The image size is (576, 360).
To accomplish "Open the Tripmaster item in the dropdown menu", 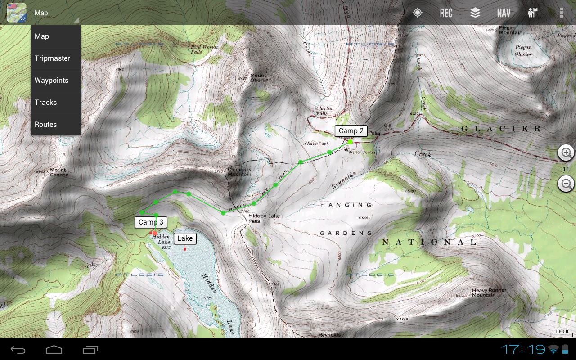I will [53, 58].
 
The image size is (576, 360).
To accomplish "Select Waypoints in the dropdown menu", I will [52, 81].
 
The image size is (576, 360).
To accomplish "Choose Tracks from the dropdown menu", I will [46, 103].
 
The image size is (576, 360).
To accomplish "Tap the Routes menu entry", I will [46, 125].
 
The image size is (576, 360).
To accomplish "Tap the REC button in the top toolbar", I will [446, 13].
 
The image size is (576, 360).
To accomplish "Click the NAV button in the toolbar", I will [504, 13].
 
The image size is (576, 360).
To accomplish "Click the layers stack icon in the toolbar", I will [475, 13].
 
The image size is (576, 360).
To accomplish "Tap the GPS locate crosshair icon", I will [418, 13].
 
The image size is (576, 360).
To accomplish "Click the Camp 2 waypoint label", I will [351, 131].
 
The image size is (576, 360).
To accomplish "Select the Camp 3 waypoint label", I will [151, 222].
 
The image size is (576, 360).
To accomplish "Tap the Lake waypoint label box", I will [185, 238].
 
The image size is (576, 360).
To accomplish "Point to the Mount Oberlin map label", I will [259, 78].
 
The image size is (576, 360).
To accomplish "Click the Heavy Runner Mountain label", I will [489, 293].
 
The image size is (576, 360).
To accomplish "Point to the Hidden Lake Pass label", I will [264, 218].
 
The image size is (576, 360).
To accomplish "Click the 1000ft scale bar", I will [562, 333].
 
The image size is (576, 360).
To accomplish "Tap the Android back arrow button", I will [18, 350].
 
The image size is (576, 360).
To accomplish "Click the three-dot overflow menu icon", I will [561, 13].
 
